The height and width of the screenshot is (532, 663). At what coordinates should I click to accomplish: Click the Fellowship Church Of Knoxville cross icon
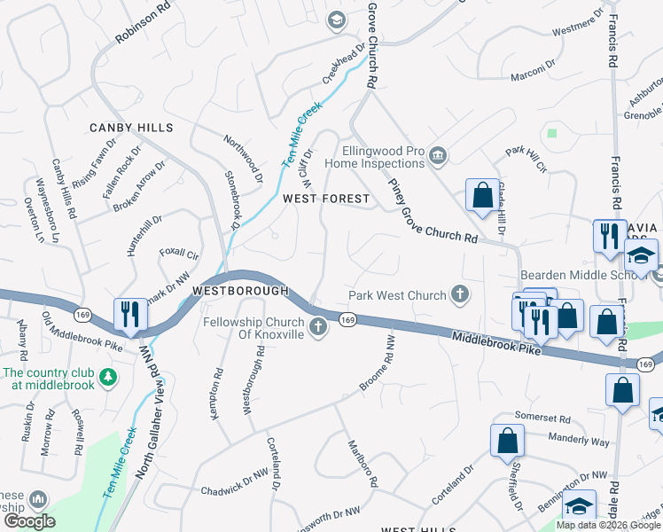coord(317,329)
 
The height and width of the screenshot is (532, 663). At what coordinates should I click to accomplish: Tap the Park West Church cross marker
coord(459,294)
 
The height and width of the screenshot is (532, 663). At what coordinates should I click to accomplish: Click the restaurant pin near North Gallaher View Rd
coord(129,315)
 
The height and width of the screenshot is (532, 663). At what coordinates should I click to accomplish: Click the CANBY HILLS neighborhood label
coord(131,128)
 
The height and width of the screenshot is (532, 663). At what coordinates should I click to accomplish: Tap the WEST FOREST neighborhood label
coord(325,199)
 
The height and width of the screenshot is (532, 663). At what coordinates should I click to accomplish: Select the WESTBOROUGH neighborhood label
coord(240,291)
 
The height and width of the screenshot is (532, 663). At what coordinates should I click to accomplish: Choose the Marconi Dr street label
coord(533,91)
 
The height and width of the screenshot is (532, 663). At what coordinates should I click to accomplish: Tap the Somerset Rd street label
coord(542,417)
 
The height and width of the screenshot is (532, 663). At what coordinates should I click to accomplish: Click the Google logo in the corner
coord(29,521)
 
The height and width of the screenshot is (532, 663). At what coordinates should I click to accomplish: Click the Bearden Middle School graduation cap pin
coord(640,257)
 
